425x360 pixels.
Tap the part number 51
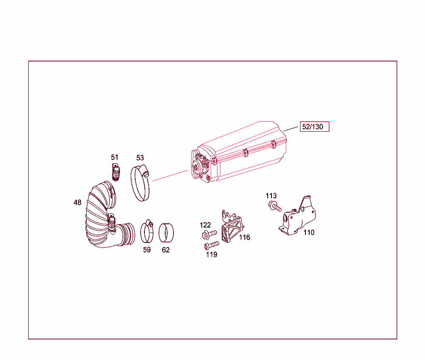tap(115, 157)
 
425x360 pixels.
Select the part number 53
tap(140, 158)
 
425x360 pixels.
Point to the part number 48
tap(78, 203)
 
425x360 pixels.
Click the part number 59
tap(147, 250)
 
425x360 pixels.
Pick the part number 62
tap(166, 250)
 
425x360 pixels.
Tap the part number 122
tap(205, 225)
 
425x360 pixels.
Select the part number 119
tap(212, 255)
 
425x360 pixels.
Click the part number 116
tap(244, 238)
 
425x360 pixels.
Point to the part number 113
tap(271, 196)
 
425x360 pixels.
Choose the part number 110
tap(309, 233)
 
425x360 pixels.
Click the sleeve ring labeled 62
tap(166, 233)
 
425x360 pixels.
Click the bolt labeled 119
tap(212, 245)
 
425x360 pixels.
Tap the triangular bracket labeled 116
tap(232, 228)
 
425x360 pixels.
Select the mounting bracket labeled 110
tap(299, 218)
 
